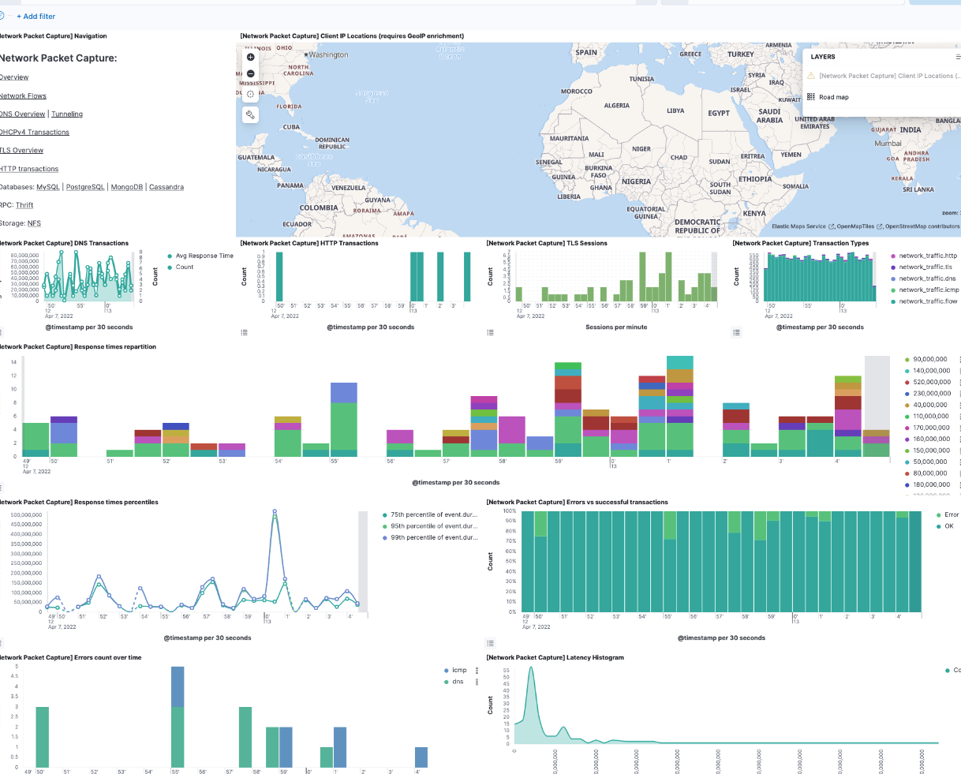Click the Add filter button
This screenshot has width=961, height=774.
pyautogui.click(x=36, y=16)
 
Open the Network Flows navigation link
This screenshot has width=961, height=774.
pyautogui.click(x=23, y=95)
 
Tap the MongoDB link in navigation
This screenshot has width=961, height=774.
pyautogui.click(x=127, y=187)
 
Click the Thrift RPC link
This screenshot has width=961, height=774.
pyautogui.click(x=24, y=205)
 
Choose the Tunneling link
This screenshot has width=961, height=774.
pyautogui.click(x=67, y=114)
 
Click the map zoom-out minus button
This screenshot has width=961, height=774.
pyautogui.click(x=251, y=74)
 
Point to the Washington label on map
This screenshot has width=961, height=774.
pyautogui.click(x=328, y=54)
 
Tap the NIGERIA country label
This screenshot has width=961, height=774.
pyautogui.click(x=636, y=181)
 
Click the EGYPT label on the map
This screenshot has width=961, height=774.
pyautogui.click(x=719, y=113)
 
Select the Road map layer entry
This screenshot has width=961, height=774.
pyautogui.click(x=833, y=97)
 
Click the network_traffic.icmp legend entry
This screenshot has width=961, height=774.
pyautogui.click(x=929, y=290)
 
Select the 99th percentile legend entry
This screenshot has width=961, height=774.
pyautogui.click(x=433, y=537)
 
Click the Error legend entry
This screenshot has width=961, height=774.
pyautogui.click(x=951, y=514)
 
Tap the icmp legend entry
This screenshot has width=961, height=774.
pyautogui.click(x=458, y=670)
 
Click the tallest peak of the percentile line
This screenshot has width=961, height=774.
pyautogui.click(x=275, y=511)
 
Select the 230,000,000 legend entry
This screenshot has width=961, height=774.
pyautogui.click(x=931, y=393)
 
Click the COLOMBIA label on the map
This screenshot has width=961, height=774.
pyautogui.click(x=319, y=208)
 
